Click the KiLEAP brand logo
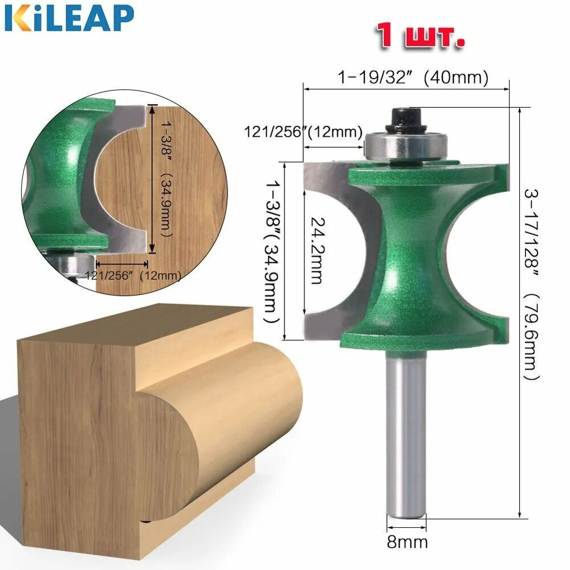[x=69, y=19]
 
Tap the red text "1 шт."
[x=420, y=35]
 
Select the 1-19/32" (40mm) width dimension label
[x=413, y=77]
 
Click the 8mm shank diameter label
[x=407, y=543]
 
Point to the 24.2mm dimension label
[x=317, y=250]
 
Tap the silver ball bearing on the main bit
[x=406, y=146]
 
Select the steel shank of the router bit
[x=406, y=435]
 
